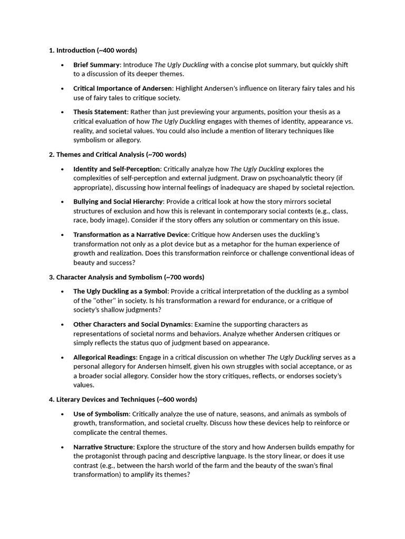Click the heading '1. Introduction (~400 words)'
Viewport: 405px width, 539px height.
(93, 51)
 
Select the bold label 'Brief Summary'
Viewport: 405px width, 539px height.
(97, 65)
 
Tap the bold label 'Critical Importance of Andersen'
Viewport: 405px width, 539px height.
(123, 88)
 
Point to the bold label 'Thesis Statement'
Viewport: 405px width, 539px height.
(100, 112)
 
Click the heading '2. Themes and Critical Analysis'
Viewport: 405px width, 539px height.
(117, 155)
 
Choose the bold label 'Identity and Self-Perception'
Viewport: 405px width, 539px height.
(117, 169)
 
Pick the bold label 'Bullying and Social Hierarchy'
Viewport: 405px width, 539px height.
(118, 202)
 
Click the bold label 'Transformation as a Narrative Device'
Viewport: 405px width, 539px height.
(130, 235)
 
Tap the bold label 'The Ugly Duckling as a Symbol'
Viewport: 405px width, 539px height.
(120, 291)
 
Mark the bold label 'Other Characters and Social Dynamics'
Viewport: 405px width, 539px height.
(132, 324)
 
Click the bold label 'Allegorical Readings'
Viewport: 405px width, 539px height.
(104, 357)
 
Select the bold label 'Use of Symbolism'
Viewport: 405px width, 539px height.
(101, 414)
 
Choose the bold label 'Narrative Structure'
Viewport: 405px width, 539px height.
(103, 447)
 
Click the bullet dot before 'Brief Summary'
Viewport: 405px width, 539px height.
(62, 65)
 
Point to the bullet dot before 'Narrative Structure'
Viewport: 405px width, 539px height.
(62, 447)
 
